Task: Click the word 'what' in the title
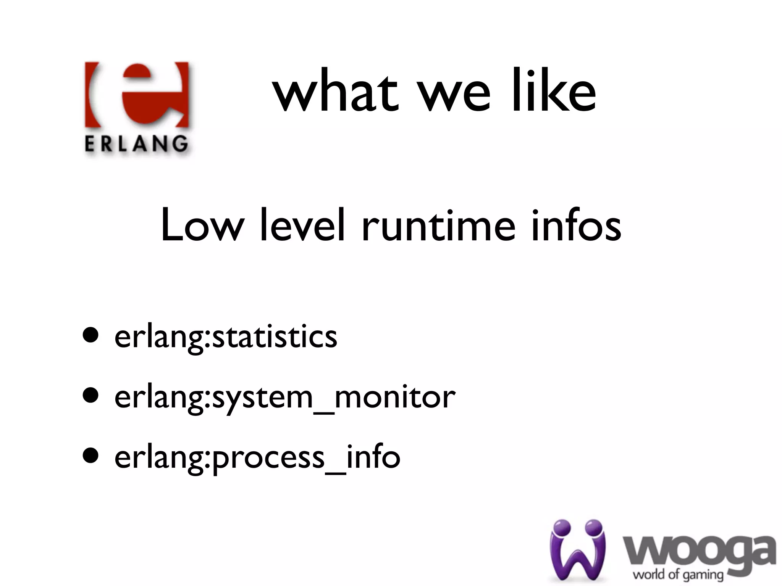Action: click(336, 92)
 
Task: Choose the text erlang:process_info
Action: click(257, 457)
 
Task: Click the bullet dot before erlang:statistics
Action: click(91, 335)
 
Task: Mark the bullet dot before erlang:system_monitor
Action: click(91, 395)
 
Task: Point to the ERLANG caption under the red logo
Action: click(136, 144)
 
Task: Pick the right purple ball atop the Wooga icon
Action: click(592, 528)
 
